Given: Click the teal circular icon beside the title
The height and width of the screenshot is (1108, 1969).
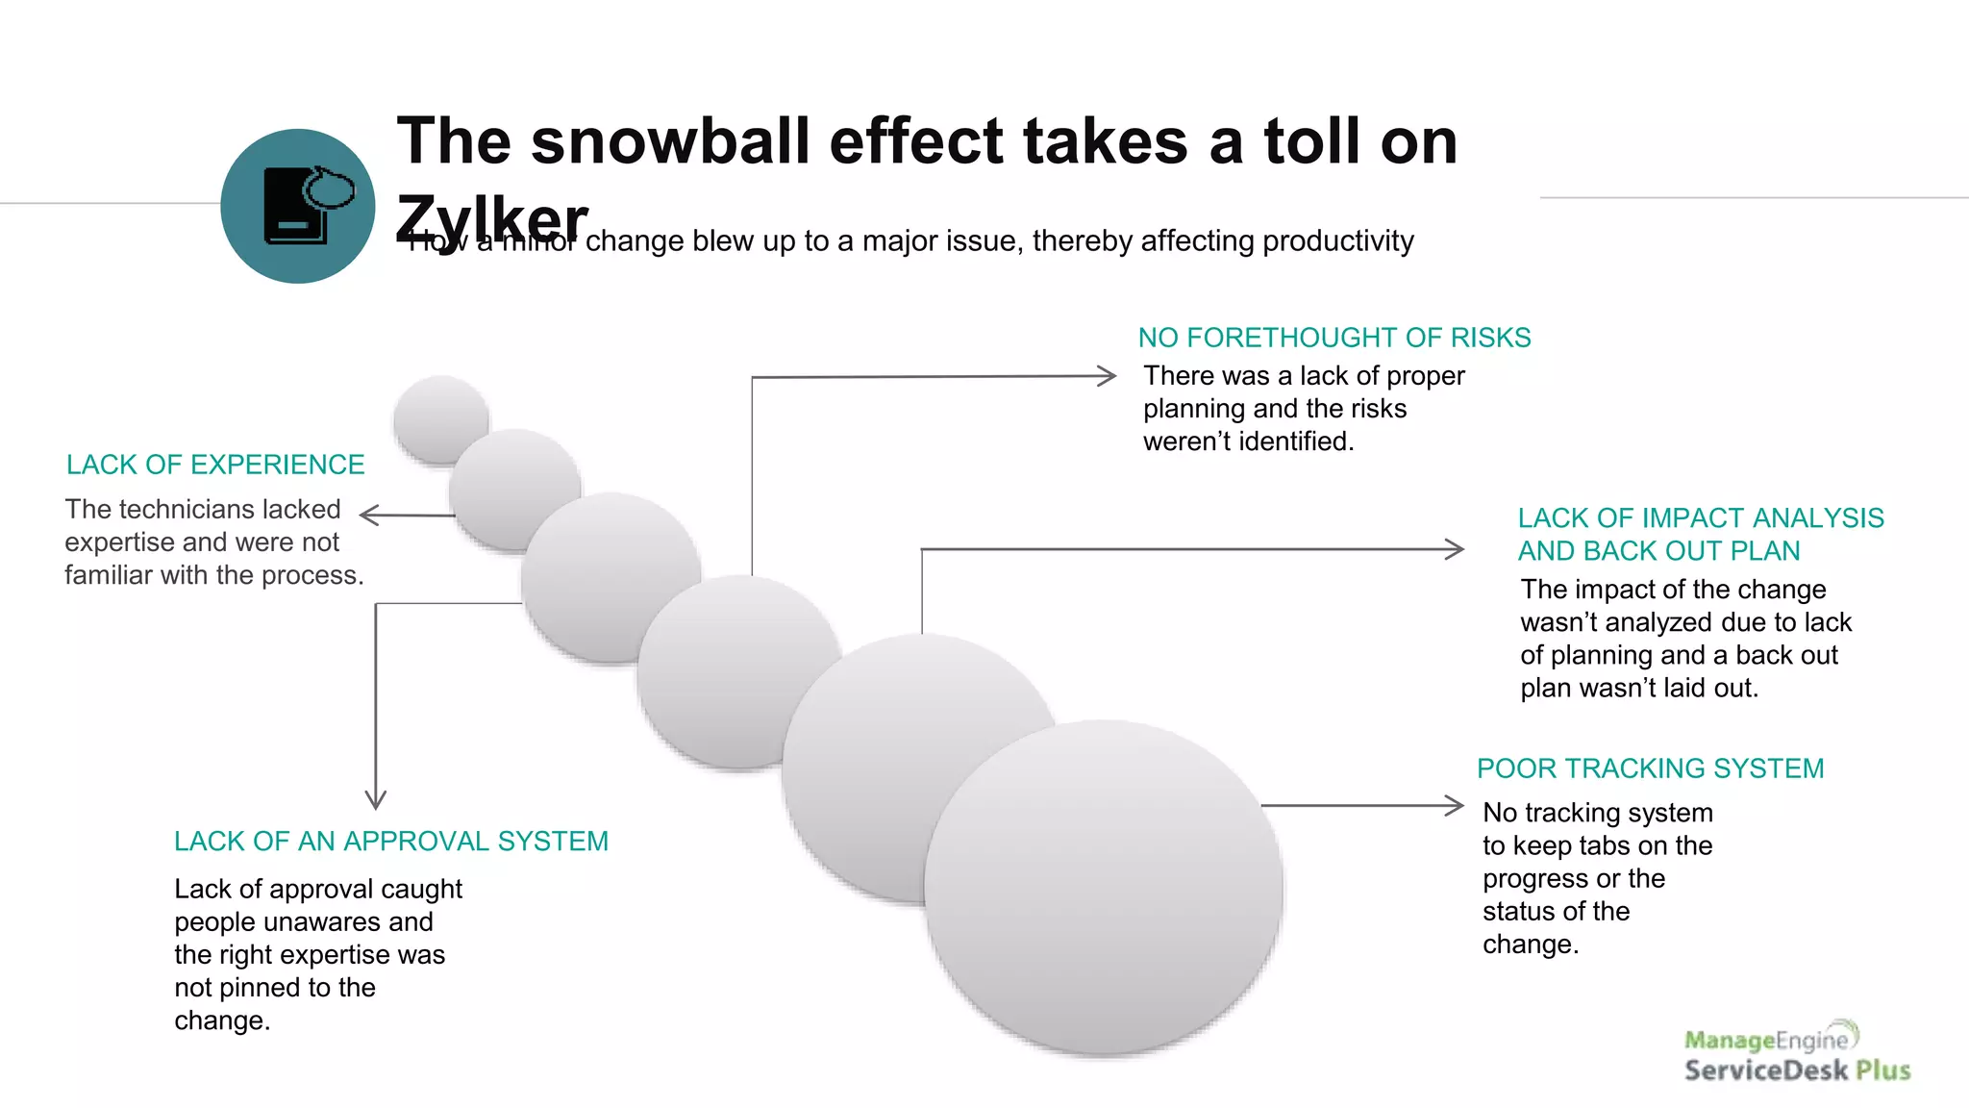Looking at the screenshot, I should (298, 206).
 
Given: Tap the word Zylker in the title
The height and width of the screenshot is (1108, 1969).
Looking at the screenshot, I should (491, 218).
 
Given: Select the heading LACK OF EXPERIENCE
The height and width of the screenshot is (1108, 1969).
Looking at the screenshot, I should (215, 465).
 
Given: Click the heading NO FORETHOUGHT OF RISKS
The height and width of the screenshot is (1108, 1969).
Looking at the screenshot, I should (1334, 338).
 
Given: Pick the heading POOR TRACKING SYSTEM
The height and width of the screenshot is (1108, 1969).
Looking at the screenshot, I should (1650, 768).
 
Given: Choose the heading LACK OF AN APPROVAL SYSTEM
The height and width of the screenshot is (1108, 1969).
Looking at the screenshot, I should (391, 842).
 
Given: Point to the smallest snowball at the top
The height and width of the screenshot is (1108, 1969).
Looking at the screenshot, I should (441, 419).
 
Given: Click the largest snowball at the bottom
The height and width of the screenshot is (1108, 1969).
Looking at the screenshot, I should (1103, 887).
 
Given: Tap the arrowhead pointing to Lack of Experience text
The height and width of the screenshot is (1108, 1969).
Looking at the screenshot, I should (368, 516).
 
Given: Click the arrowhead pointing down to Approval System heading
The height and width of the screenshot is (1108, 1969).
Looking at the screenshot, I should (376, 800).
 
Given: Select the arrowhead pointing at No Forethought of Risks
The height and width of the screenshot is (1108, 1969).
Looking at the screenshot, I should (1108, 376).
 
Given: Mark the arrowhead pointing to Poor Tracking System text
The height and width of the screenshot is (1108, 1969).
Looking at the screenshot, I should (1455, 805).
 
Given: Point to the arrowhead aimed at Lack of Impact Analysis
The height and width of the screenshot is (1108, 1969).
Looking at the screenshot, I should (1456, 549).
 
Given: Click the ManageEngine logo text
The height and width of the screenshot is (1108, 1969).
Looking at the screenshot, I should (1766, 1040).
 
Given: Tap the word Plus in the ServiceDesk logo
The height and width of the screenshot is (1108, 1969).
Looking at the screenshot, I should (1882, 1070).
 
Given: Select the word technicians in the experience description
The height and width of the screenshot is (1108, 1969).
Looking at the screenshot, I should (203, 509).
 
